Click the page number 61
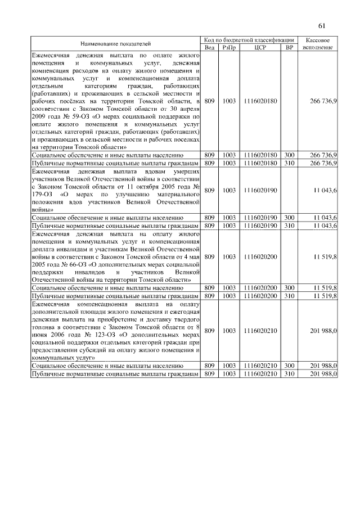pos(322,25)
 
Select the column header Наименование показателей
pos(115,43)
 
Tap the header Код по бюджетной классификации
pos(249,40)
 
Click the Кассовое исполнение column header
pos(318,43)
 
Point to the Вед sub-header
pos(209,47)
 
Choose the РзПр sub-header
pos(229,47)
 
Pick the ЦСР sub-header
pos(260,47)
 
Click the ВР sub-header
pos(289,47)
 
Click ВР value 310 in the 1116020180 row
pos(289,163)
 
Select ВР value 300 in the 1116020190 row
pos(289,217)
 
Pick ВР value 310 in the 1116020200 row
pos(289,295)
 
